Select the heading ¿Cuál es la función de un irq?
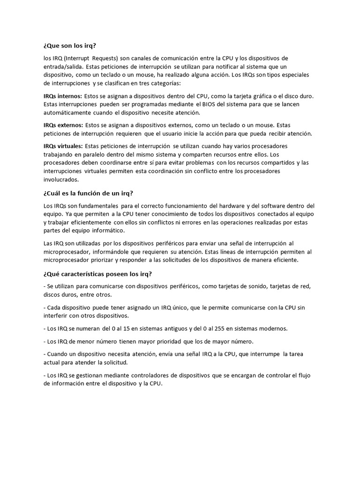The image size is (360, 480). pyautogui.click(x=89, y=194)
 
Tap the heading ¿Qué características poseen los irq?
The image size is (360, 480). pyautogui.click(x=97, y=274)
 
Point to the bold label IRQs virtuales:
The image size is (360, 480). pyautogui.click(x=63, y=146)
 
